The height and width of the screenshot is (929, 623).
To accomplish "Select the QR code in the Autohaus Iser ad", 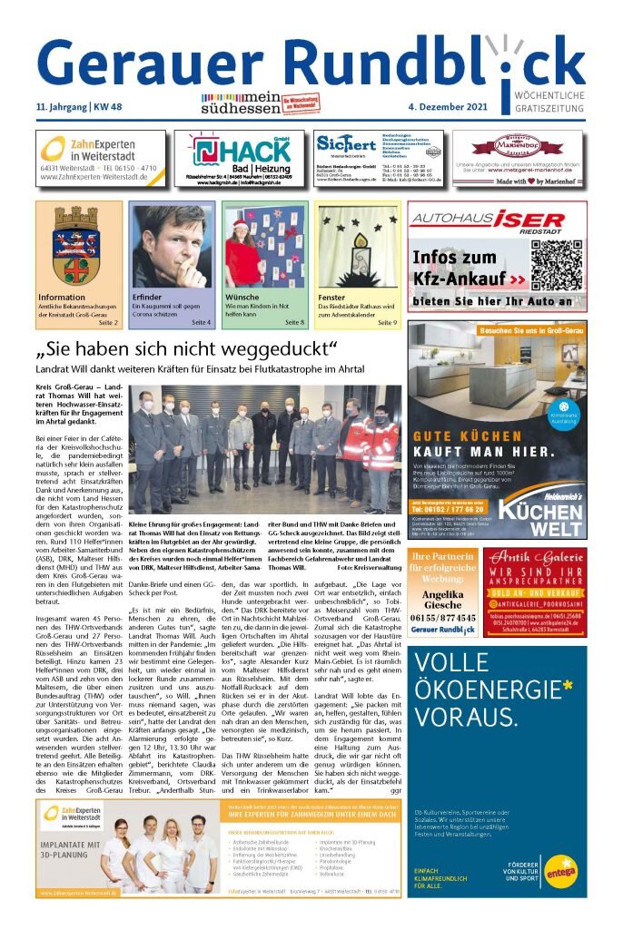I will [555, 265].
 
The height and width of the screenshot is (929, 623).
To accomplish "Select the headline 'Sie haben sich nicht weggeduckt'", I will [186, 350].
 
